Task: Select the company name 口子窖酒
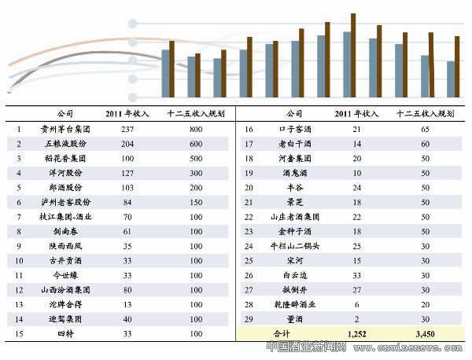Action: point(294,129)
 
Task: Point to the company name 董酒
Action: point(294,319)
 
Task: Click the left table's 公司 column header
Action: point(67,114)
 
